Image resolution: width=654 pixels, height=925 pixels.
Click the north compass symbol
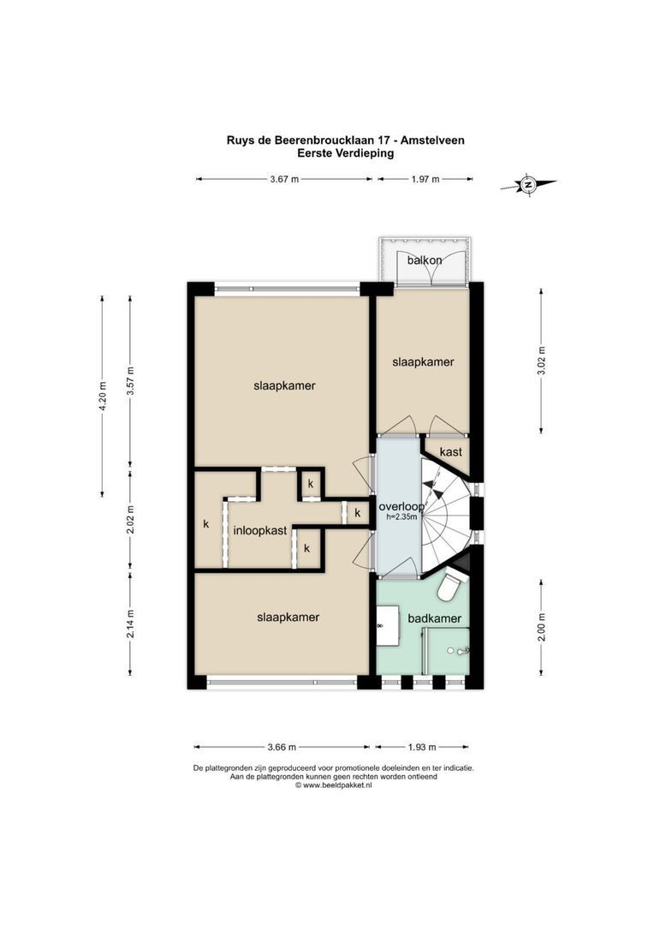pyautogui.click(x=528, y=185)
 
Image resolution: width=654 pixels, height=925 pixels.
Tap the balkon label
pyautogui.click(x=425, y=260)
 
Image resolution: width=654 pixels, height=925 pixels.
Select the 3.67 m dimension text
pyautogui.click(x=284, y=179)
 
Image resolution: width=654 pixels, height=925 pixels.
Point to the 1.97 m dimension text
pyautogui.click(x=425, y=179)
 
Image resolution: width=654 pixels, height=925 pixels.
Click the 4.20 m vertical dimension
pyautogui.click(x=103, y=397)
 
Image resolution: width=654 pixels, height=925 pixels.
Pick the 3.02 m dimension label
pyautogui.click(x=541, y=361)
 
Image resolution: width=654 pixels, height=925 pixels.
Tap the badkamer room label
pyautogui.click(x=435, y=619)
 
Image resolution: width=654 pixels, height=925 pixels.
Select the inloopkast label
pyautogui.click(x=260, y=530)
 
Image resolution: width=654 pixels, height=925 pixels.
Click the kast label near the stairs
pyautogui.click(x=451, y=452)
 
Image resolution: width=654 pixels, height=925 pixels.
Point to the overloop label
pyautogui.click(x=401, y=507)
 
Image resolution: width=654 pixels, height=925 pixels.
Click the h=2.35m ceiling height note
pyautogui.click(x=401, y=517)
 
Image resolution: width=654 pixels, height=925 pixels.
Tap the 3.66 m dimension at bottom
pyautogui.click(x=282, y=747)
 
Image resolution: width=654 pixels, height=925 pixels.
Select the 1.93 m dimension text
pyautogui.click(x=422, y=747)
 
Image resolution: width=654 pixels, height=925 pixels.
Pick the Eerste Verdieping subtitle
pyautogui.click(x=346, y=153)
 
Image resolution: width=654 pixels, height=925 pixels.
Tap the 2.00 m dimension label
pyautogui.click(x=541, y=628)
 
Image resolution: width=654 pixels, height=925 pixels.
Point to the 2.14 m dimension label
pyautogui.click(x=131, y=624)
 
